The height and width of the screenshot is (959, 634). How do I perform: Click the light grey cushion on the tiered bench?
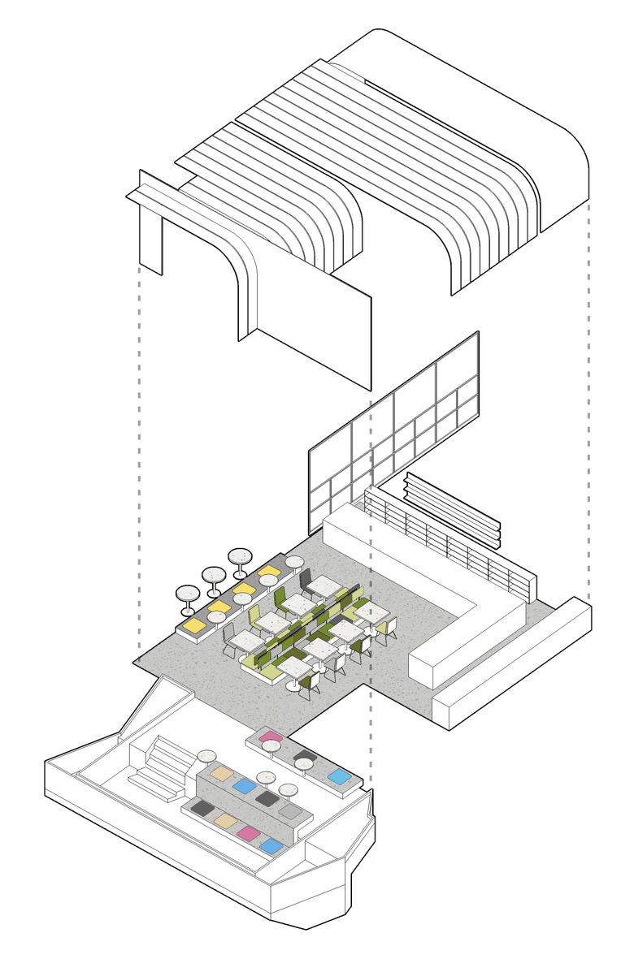point(290,810)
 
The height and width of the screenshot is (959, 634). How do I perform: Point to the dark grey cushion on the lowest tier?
point(202,808)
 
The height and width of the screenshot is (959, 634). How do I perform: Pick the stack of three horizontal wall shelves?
point(453,509)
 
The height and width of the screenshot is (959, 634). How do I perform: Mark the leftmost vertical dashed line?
point(139,455)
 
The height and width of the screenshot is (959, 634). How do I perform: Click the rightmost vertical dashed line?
point(588,406)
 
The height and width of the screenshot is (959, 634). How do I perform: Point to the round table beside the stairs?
point(207,754)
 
